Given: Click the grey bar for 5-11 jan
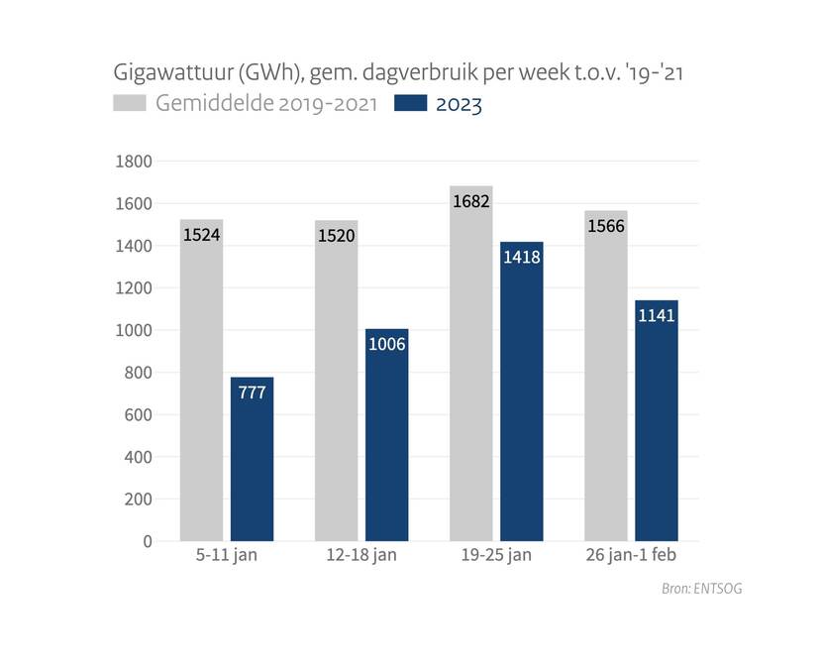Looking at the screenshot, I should pos(201,396).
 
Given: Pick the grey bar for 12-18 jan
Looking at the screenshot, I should pos(336,396).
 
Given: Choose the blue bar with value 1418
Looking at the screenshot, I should pos(521,396).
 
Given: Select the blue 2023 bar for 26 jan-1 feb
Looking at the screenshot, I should pos(656,426).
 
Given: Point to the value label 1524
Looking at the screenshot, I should pos(201,237).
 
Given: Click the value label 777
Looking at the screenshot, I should pos(252,393).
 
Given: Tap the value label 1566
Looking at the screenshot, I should pos(605,227).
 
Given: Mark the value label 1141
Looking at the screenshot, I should pos(656,316).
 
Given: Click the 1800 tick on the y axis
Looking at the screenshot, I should pos(134,162).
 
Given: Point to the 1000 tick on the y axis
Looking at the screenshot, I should pos(134,331).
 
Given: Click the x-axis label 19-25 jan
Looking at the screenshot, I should pos(496,555).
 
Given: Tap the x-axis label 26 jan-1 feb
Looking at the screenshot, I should pos(631,555).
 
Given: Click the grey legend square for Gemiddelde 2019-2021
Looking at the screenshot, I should pos(130,104).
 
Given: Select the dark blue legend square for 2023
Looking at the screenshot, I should pos(410,104).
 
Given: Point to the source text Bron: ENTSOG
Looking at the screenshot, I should pos(701,589).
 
